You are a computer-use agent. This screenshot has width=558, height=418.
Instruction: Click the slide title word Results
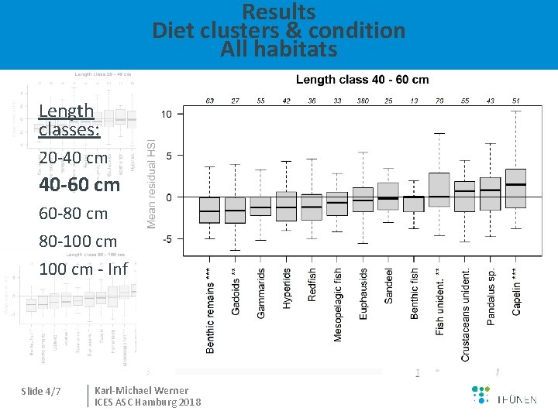pyautogui.click(x=279, y=12)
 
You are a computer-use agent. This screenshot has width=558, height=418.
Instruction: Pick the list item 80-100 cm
pyautogui.click(x=78, y=242)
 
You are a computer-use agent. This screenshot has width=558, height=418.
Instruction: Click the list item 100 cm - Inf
pyautogui.click(x=82, y=269)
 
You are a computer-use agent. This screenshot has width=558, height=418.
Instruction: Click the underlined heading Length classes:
pyautogui.click(x=68, y=121)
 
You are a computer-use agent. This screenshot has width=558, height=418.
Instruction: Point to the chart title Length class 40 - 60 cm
pyautogui.click(x=362, y=80)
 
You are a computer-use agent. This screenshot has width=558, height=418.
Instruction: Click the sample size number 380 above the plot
pyautogui.click(x=363, y=101)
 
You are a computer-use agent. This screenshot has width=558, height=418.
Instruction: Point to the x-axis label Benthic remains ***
pyautogui.click(x=210, y=310)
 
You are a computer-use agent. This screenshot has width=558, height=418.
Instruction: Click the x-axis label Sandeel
pyautogui.click(x=389, y=286)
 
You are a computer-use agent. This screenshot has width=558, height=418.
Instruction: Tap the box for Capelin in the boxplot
pyautogui.click(x=516, y=188)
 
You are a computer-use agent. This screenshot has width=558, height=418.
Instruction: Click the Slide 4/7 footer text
pyautogui.click(x=41, y=391)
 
